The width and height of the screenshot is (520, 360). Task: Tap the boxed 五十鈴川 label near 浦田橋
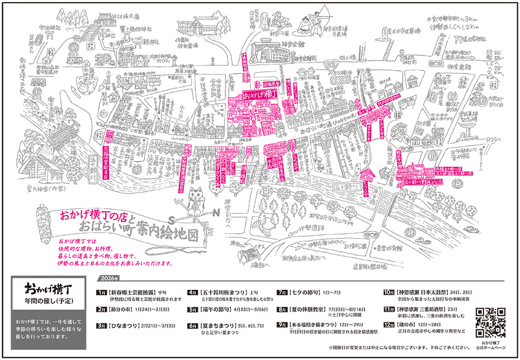(346, 187)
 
